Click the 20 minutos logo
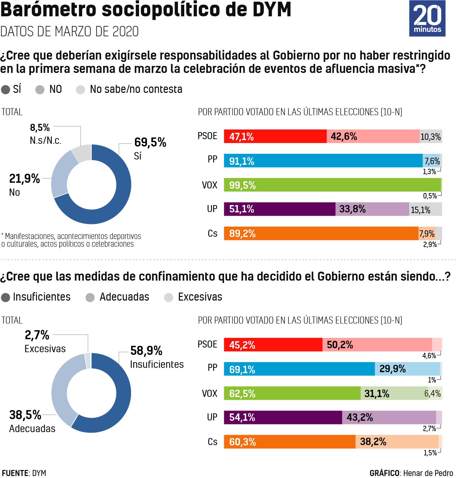click(427, 18)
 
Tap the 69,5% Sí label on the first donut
click(150, 148)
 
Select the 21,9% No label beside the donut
click(24, 185)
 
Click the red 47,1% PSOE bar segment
click(275, 136)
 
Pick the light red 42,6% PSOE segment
click(373, 136)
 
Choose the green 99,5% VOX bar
click(332, 185)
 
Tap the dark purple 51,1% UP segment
click(279, 209)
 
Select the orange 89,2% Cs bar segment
click(321, 233)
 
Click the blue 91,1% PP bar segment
click(323, 161)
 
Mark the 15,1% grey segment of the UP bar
click(425, 209)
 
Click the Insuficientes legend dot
click(6, 297)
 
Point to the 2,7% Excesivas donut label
click(45, 342)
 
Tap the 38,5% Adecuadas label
click(32, 421)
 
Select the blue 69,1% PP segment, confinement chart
click(299, 369)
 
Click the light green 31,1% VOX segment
click(394, 393)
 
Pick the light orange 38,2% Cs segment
click(397, 442)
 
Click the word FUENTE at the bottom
click(15, 473)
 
